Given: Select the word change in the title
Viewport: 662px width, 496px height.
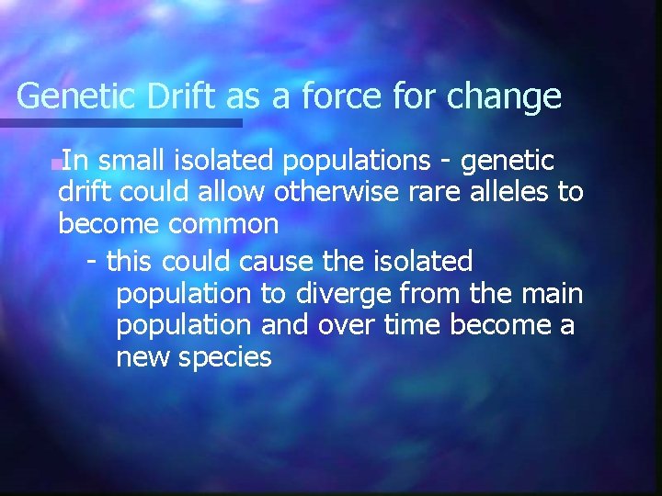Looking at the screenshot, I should [504, 96].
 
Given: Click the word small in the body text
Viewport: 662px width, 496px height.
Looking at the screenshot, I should [129, 162].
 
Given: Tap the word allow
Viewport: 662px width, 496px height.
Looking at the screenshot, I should [220, 193].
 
